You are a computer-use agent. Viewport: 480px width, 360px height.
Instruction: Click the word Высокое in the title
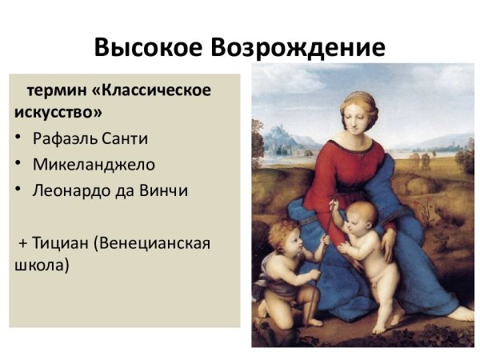coord(149,48)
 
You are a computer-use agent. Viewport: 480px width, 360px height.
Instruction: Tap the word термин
coord(55,90)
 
